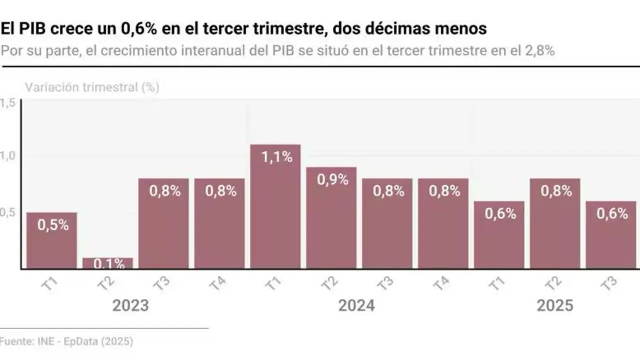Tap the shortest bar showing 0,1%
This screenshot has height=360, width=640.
click(107, 263)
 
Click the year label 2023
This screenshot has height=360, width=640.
click(130, 305)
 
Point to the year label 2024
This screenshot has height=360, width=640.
click(356, 305)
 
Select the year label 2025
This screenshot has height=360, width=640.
click(555, 305)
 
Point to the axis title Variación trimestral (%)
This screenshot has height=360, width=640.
click(92, 87)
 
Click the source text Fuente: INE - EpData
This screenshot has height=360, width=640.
click(66, 342)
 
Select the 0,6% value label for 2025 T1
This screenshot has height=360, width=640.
click(500, 213)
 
